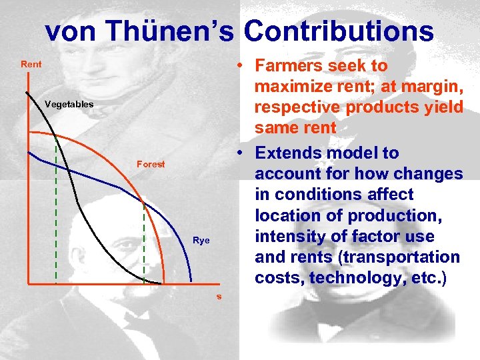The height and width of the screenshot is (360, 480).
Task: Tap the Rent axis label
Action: (x=31, y=65)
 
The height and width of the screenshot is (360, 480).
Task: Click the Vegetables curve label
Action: (x=69, y=104)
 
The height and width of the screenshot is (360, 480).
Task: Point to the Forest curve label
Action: (x=151, y=164)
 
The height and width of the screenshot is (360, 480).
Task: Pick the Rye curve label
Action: (x=201, y=240)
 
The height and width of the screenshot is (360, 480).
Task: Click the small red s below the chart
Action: (x=218, y=296)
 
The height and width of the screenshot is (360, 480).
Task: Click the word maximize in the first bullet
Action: (x=292, y=87)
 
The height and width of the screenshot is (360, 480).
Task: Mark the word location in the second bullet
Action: (x=285, y=215)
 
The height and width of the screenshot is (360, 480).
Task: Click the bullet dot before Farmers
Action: (x=241, y=66)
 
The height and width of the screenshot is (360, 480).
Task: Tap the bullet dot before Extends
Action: (x=241, y=153)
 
